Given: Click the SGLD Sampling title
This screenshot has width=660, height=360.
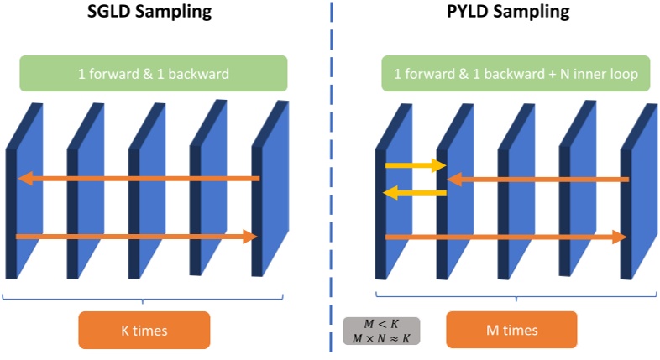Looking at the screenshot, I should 149,13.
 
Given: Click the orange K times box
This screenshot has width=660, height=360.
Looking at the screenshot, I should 143,330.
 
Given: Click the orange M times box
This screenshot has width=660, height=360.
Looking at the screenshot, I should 511,330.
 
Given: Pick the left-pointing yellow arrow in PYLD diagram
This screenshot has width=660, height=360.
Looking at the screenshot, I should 415,193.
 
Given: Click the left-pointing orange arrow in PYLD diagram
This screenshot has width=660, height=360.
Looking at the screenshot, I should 537,179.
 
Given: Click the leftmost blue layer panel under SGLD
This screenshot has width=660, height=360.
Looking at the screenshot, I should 25,193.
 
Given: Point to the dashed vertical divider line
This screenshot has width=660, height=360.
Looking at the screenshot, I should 332,168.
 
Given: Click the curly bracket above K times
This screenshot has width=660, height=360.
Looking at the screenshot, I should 143,298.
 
